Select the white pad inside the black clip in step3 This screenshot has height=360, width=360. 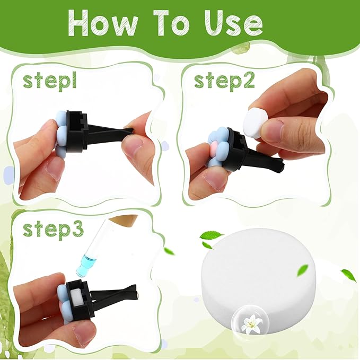click(77, 299)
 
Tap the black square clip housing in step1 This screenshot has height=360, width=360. click(76, 130)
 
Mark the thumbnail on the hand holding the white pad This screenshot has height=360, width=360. click(273, 130)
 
